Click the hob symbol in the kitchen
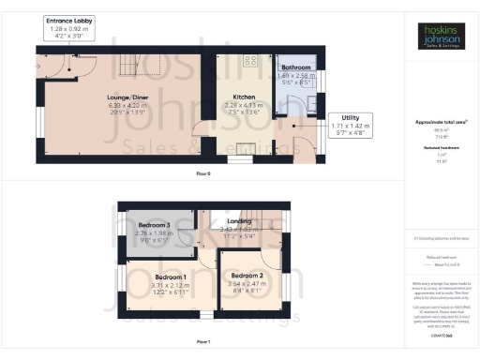(x=250, y=62)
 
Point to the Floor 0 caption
(x=203, y=175)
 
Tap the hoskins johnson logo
(x=440, y=37)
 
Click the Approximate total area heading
(x=440, y=123)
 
